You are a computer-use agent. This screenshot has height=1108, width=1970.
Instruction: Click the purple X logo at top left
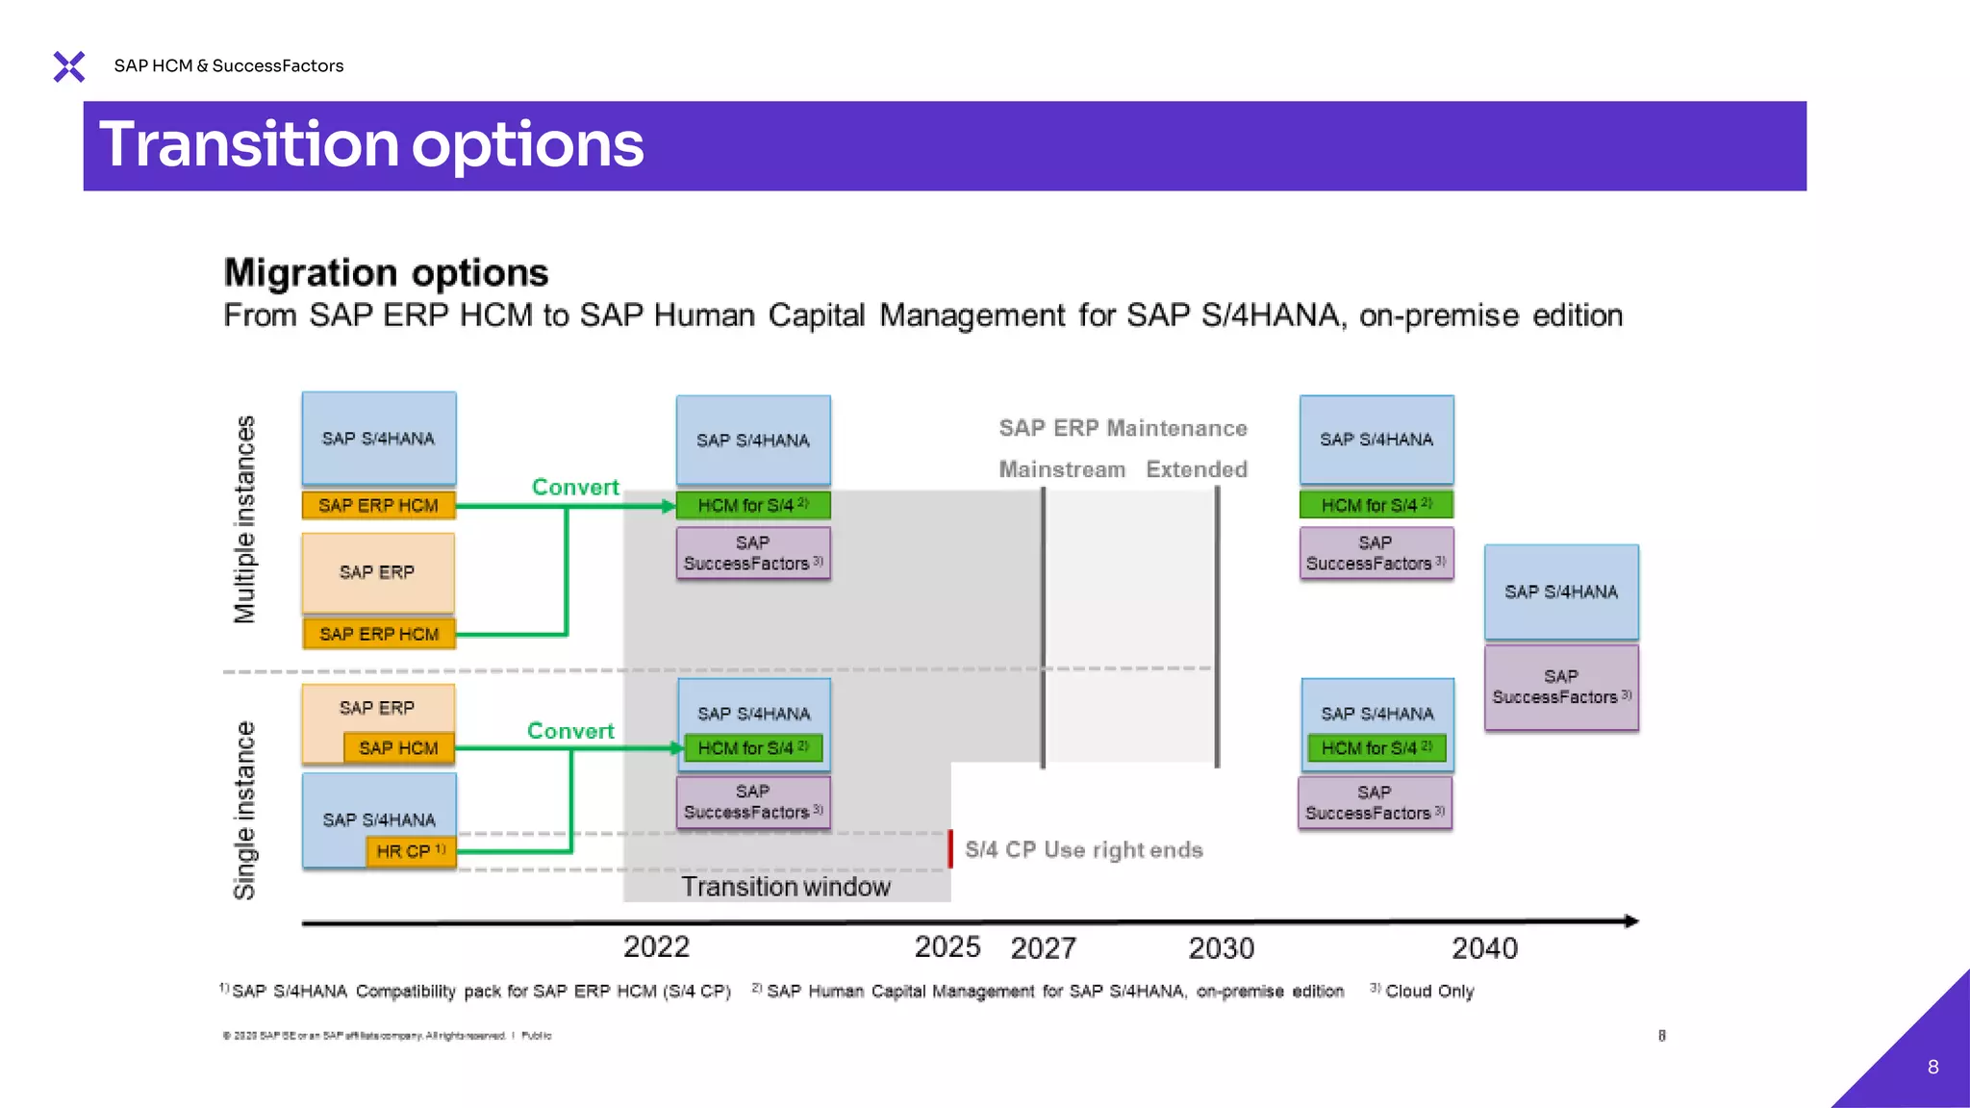coord(69,66)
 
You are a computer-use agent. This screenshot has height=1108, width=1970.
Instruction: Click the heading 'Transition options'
coord(371,145)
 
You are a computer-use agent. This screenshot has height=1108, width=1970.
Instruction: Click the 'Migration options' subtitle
coord(386,273)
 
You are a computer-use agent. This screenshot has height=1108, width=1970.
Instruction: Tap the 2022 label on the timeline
coord(656,947)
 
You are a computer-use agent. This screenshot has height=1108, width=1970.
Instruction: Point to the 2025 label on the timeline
coord(947,947)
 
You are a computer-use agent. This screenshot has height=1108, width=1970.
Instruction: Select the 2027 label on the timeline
coord(1043,949)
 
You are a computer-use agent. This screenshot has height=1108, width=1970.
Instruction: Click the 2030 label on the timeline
coord(1221,949)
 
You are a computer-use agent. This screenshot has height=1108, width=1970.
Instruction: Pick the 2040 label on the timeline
coord(1484,949)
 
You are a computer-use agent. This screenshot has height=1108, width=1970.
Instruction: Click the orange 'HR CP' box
coord(411,851)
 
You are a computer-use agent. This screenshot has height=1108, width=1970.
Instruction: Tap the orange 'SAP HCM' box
coord(398,748)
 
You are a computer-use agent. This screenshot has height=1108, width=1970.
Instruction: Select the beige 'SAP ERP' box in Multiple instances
coord(377,573)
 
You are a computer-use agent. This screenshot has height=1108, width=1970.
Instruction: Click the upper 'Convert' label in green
coord(575,488)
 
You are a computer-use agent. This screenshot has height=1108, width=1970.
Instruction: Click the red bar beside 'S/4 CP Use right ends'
coord(950,849)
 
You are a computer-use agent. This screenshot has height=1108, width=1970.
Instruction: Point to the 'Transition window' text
coord(786,887)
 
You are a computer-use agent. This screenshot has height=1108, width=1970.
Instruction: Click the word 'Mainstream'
coord(1062,469)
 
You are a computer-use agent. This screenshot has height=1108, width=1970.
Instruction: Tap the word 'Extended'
coord(1197,469)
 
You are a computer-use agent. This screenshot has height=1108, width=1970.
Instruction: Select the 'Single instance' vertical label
coord(245,810)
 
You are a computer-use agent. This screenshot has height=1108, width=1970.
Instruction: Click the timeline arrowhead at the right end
coord(1630,921)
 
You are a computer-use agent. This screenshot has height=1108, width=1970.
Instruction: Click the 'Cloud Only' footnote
coord(1428,992)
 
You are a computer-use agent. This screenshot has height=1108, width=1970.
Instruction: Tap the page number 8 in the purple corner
coord(1932,1067)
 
